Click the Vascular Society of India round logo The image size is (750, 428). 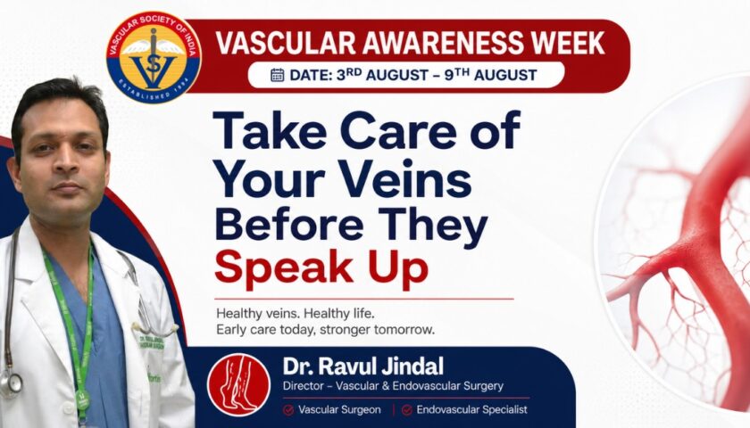coord(154,57)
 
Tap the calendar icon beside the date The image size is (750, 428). coord(278,75)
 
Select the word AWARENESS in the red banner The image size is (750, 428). coord(443,43)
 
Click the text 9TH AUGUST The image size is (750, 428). coord(491,75)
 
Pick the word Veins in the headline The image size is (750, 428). coord(407,182)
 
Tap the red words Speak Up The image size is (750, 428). coord(321,269)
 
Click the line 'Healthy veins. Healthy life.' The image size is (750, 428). coord(296,314)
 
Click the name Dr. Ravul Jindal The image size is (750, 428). coord(363,366)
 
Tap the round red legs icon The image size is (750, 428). coord(238,384)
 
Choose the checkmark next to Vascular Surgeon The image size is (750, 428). coord(288,410)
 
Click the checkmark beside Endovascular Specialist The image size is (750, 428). coord(406,410)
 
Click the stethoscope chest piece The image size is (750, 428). coord(11,383)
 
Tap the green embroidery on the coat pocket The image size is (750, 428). coord(152,342)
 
